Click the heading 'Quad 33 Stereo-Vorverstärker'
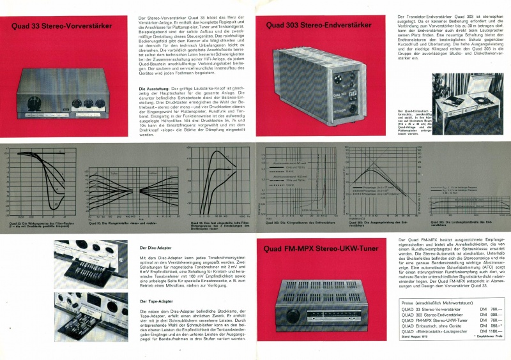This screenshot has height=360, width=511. point(62,27)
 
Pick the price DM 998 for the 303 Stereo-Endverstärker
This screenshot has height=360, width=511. point(489,315)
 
